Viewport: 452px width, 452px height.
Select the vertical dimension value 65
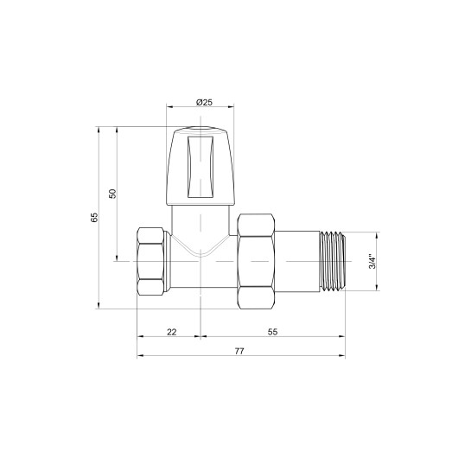94,217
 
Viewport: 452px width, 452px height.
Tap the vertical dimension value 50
111,194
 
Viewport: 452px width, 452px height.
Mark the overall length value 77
239,351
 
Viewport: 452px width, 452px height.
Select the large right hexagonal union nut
257,261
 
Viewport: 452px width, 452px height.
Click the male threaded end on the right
333,260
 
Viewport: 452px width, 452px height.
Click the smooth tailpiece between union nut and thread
298,260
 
